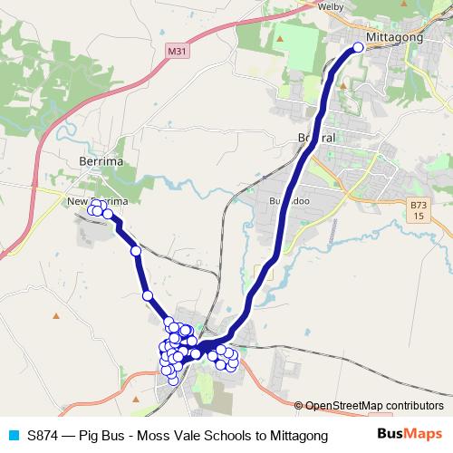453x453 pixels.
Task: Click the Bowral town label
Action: coord(316,139)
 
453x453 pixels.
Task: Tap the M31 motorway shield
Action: coord(178,55)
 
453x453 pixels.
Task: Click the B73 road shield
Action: coord(416,211)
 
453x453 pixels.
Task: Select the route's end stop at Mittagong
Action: coord(358,47)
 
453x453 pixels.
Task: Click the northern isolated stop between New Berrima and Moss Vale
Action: coord(136,251)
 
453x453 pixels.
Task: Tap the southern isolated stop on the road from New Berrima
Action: coord(147,295)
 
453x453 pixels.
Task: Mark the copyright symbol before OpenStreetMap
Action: coord(299,405)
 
